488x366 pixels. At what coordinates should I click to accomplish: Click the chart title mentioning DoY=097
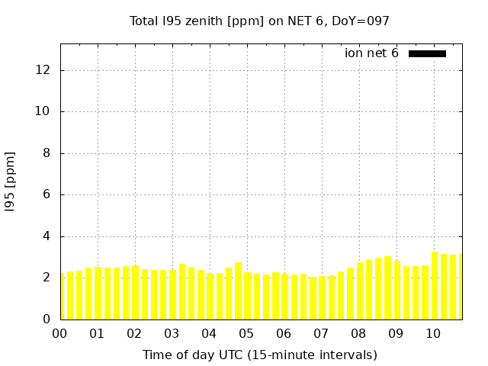click(259, 21)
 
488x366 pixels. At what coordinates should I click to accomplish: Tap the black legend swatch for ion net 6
click(427, 53)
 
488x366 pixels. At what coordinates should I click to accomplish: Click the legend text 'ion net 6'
click(371, 53)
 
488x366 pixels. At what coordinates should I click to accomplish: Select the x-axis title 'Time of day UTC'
click(259, 355)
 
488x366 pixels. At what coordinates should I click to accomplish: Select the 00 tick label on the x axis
click(60, 334)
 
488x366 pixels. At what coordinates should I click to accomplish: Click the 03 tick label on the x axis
click(172, 334)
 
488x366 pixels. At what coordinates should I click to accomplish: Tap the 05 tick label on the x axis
click(246, 334)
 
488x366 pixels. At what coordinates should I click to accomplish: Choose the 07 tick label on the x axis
click(321, 334)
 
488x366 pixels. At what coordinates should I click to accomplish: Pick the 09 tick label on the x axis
click(396, 334)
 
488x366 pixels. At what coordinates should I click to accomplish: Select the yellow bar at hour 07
click(322, 298)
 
